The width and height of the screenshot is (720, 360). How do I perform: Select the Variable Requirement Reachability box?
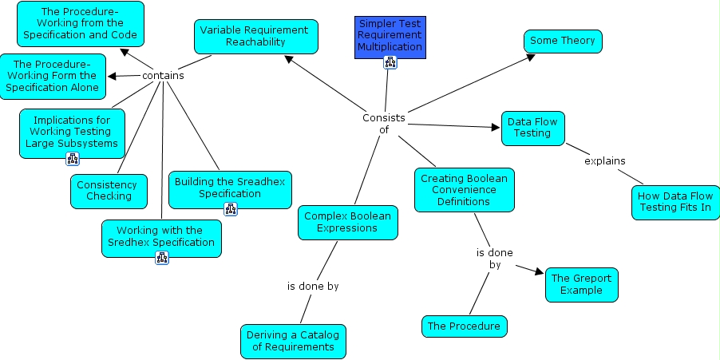coord(255,36)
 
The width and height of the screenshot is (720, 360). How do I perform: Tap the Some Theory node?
coord(563,42)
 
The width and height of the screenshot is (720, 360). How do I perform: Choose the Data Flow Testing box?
coord(532,128)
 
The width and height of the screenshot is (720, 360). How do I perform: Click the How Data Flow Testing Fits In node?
coord(675,202)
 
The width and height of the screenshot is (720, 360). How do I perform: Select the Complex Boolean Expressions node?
coord(348,222)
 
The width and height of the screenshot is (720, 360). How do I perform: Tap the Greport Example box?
coord(582,284)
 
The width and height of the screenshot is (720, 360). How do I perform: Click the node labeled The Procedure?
coord(464,326)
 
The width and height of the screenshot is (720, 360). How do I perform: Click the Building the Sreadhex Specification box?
coord(230,188)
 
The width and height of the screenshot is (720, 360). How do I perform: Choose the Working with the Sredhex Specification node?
coord(161,237)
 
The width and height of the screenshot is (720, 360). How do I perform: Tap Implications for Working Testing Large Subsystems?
coord(72,133)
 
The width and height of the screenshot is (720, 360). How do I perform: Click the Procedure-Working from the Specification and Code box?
coord(80,24)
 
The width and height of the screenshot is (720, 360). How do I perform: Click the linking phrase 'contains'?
coord(163,76)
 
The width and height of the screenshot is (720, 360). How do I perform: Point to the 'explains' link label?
coord(604,161)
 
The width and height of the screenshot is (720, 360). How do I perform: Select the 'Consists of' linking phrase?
coord(384,124)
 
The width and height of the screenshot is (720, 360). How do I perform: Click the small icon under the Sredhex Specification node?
coord(161,257)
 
